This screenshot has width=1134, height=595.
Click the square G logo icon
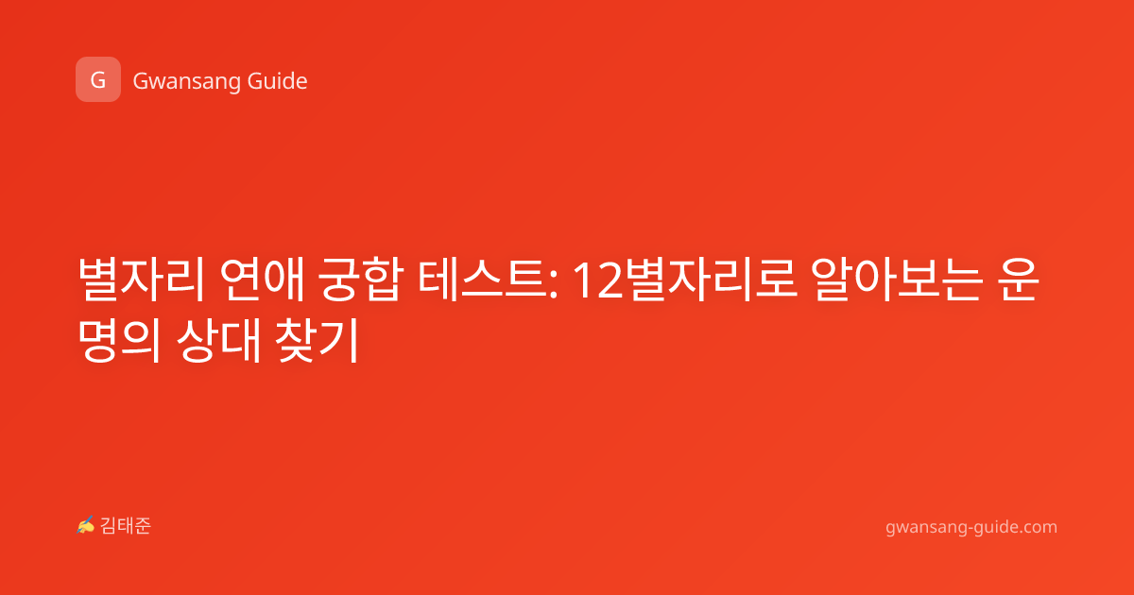coord(98,79)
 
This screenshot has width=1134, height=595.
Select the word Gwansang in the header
coord(186,82)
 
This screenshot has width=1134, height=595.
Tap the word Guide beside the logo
coord(278,81)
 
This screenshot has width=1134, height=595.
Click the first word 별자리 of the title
coord(141,280)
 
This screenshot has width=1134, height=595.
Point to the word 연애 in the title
coord(263,280)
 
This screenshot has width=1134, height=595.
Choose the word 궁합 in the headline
coord(361,280)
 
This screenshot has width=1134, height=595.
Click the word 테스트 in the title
coord(483,280)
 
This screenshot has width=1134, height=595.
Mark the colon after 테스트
coord(554,286)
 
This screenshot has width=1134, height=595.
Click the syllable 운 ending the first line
coord(1019,280)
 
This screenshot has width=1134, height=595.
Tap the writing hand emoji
coord(86,525)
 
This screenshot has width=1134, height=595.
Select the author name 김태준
coord(126,526)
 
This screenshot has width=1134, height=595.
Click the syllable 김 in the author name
coord(109,526)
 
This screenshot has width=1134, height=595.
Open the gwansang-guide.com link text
coord(971,527)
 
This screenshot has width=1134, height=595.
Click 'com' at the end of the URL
coord(1040,528)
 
